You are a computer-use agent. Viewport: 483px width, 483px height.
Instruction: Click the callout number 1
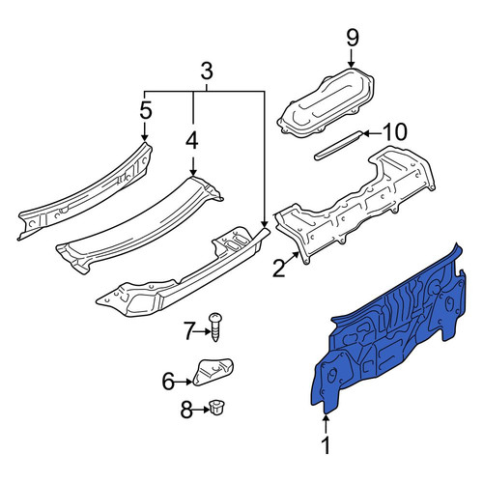(327, 445)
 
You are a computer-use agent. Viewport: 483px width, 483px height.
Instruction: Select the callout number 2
(279, 269)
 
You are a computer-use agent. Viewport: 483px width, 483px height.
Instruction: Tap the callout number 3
(207, 71)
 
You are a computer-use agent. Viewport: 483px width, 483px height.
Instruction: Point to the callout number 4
(192, 142)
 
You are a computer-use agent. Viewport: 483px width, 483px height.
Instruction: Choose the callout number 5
(146, 110)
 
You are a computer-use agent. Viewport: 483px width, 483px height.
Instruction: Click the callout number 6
(168, 382)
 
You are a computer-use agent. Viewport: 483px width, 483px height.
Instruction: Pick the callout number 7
(188, 331)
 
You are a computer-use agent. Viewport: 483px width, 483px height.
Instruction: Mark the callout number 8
(186, 410)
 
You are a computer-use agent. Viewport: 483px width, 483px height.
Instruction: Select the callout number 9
(352, 39)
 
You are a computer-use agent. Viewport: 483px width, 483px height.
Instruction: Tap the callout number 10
(395, 132)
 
